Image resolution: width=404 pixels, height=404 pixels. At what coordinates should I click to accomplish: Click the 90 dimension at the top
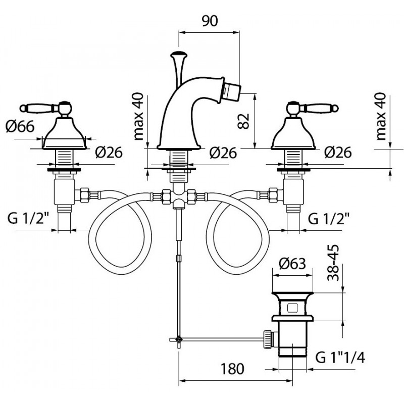[x=210, y=21]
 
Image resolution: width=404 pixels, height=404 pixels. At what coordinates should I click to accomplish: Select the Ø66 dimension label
[x=20, y=127]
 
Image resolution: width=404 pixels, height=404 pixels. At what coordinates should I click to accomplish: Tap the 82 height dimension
[x=244, y=121]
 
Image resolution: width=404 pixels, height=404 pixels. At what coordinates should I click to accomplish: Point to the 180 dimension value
[x=232, y=369]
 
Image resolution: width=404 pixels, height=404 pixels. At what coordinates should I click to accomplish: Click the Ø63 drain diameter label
[x=292, y=264]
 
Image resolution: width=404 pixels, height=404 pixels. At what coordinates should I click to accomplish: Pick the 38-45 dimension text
[x=333, y=263]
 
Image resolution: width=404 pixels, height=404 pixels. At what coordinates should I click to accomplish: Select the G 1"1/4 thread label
[x=340, y=358]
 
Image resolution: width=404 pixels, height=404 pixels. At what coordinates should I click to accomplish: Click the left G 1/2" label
[x=28, y=219]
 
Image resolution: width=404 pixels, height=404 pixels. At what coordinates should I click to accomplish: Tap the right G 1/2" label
[x=329, y=219]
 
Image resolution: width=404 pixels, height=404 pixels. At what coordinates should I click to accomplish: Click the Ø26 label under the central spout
[x=223, y=153]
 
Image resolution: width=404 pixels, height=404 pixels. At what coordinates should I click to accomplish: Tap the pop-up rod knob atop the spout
[x=179, y=55]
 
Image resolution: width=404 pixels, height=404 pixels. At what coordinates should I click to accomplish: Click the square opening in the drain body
[x=292, y=308]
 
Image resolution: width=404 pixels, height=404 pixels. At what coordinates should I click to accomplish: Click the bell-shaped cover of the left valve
[x=64, y=133]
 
